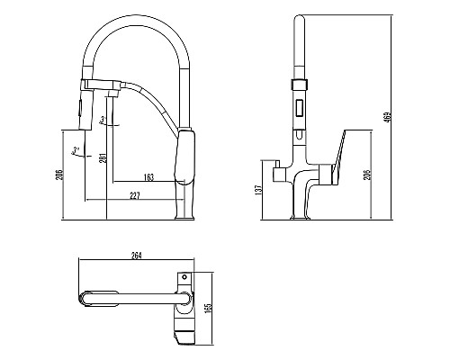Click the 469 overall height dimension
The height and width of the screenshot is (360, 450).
(388, 117)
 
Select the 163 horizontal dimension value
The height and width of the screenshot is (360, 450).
(148, 177)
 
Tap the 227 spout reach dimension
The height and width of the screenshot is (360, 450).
(135, 196)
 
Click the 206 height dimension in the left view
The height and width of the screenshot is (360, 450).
(60, 175)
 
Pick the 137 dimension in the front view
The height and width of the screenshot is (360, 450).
(258, 190)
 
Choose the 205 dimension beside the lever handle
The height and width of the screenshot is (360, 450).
(367, 175)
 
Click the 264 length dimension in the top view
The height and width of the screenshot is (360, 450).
(136, 256)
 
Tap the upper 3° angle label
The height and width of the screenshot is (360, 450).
(103, 120)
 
